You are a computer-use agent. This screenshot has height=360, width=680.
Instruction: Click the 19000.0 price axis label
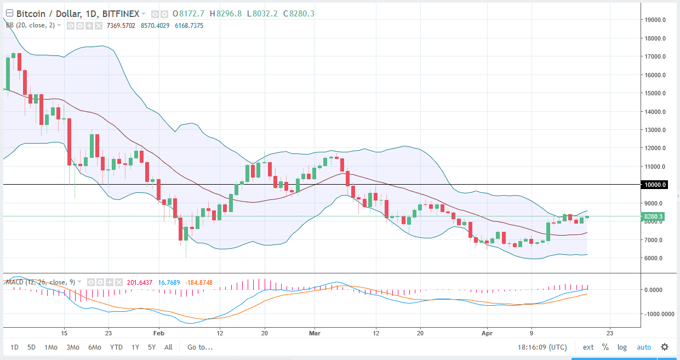point(655,20)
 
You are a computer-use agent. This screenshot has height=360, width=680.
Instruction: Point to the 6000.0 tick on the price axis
point(655,258)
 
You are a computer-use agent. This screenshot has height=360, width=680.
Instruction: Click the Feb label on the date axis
point(158,333)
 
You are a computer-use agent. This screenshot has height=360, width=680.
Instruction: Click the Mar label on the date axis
point(315,333)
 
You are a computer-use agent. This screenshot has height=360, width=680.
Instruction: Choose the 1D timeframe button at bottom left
point(15,347)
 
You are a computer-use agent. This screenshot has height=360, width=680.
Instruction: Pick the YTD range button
point(116,347)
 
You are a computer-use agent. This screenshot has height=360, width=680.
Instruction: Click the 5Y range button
point(151,347)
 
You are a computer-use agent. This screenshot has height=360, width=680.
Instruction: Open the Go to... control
point(200,347)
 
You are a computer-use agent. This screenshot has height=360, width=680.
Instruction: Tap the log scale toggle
point(622,347)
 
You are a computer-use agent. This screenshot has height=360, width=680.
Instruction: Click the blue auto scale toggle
point(644,347)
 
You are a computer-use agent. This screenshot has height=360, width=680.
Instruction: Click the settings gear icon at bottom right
point(665,347)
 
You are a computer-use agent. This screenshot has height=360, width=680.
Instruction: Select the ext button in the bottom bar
point(588,347)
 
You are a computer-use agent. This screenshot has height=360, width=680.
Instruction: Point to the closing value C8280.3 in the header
point(299,14)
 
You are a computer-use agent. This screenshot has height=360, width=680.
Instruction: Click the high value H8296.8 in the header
point(228,14)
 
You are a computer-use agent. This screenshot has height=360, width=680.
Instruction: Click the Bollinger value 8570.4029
point(156,25)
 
